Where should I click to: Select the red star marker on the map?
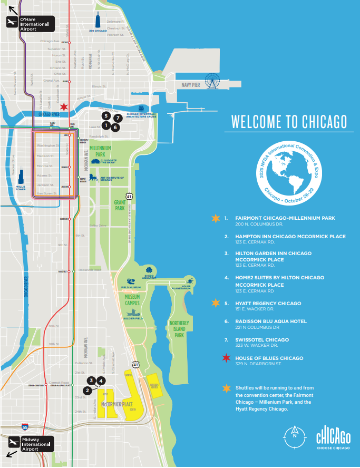tap(64, 107)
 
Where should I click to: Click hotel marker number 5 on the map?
tap(106, 115)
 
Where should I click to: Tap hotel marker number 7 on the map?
tap(118, 118)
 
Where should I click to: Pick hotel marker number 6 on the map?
tap(115, 127)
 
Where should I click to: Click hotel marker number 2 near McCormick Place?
tap(87, 391)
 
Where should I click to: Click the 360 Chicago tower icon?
tap(98, 21)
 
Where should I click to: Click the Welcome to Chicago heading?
tap(289, 122)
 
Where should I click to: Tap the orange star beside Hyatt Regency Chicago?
tap(215, 303)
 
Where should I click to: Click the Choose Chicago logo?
tap(333, 439)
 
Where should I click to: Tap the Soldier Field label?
tap(132, 318)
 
